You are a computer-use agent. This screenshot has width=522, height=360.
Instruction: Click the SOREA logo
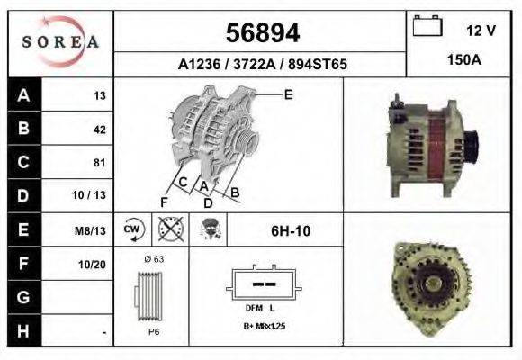60,43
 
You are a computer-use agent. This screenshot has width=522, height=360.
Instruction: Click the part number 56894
261,33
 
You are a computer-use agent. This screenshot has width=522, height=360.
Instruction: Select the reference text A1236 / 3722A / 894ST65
262,65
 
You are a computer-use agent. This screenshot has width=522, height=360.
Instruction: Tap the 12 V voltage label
481,30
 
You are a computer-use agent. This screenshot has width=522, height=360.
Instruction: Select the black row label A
22,95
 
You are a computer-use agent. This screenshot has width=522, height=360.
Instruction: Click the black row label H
22,331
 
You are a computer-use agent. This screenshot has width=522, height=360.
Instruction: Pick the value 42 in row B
99,130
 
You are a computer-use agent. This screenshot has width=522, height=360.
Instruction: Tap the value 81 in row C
99,163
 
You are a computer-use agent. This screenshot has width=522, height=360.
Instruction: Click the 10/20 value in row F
94,265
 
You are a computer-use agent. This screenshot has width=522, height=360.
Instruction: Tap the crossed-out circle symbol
169,229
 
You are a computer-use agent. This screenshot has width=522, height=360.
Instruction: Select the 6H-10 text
291,230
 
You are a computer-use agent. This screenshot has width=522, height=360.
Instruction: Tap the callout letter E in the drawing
288,94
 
